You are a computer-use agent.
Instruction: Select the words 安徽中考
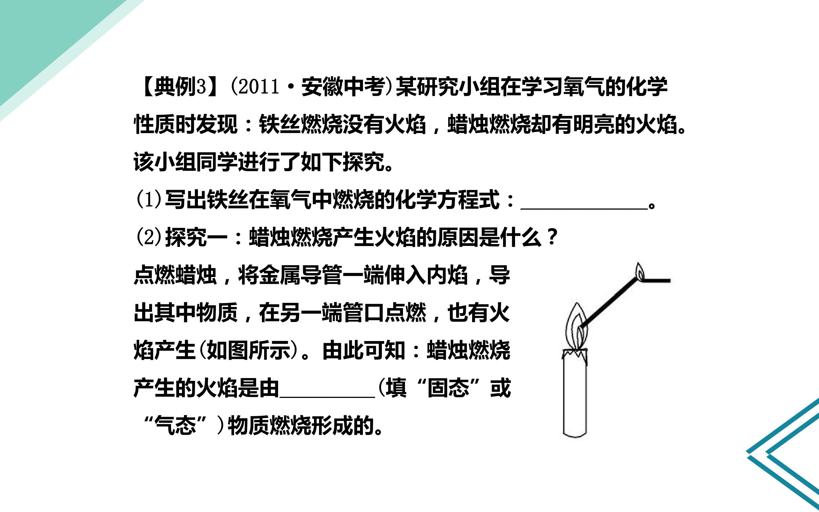point(343,87)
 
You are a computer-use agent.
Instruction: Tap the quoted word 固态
point(448,388)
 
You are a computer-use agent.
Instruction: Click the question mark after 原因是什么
point(552,237)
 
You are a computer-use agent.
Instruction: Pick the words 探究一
point(196,237)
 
